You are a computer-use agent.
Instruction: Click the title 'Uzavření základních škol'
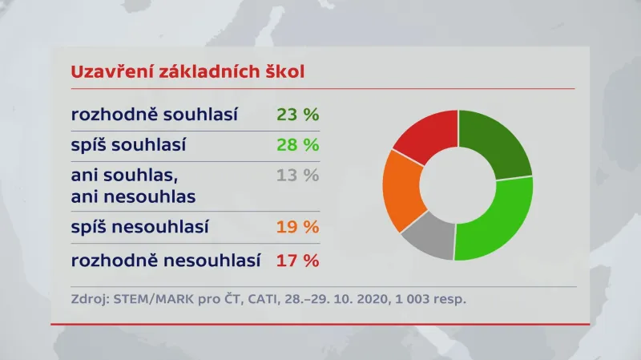pos(188,71)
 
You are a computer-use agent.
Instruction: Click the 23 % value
pos(297,115)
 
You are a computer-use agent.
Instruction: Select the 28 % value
pos(297,145)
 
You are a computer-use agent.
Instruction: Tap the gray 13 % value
pos(297,176)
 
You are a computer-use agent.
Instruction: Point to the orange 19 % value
pos(297,228)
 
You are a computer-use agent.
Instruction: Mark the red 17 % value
pos(297,261)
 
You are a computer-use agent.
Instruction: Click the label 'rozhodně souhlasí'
pos(155,115)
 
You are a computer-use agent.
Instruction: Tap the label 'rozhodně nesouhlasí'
pos(167,261)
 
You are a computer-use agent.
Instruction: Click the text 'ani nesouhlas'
pos(133,196)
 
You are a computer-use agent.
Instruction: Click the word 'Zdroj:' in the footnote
pos(89,300)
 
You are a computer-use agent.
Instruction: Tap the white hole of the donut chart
pos(458,185)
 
